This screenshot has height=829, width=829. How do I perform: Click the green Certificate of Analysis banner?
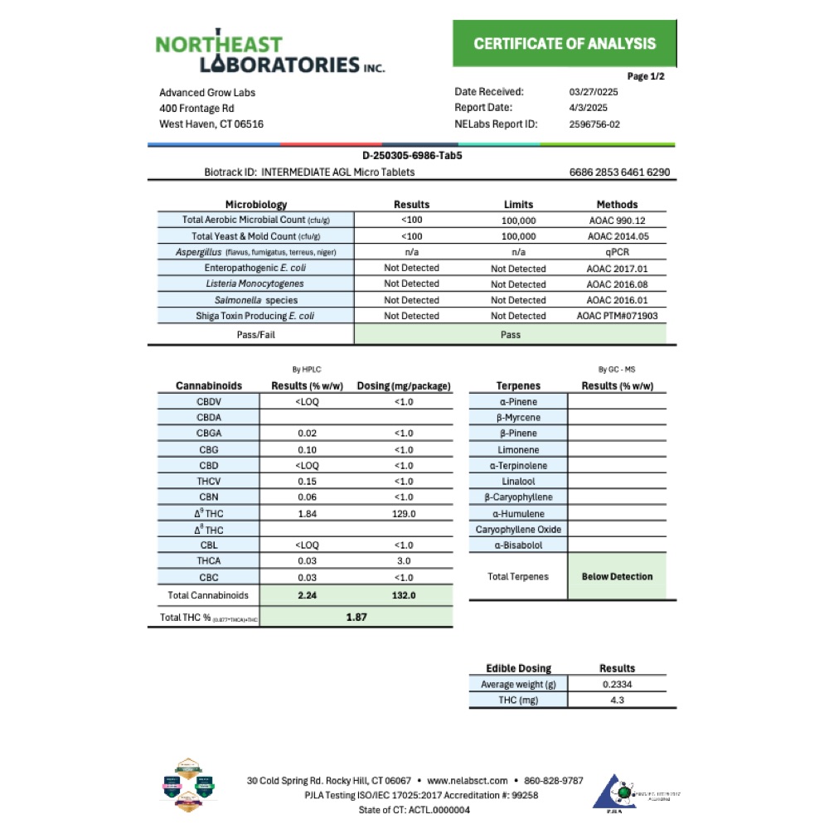pyautogui.click(x=565, y=44)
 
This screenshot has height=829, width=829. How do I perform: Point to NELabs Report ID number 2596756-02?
pyautogui.click(x=595, y=124)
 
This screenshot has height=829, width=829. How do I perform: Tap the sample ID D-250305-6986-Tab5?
pyautogui.click(x=412, y=155)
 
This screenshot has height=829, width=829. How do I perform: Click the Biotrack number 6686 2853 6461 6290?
pyautogui.click(x=619, y=172)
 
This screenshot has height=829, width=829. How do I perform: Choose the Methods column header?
pyautogui.click(x=617, y=205)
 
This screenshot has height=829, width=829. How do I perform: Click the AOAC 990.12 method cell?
pyautogui.click(x=617, y=221)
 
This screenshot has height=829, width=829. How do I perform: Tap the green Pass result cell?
pyautogui.click(x=510, y=334)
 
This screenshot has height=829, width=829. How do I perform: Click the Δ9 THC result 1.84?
pyautogui.click(x=307, y=514)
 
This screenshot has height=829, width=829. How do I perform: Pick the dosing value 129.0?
pyautogui.click(x=403, y=514)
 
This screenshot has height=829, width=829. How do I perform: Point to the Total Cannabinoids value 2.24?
pyautogui.click(x=307, y=595)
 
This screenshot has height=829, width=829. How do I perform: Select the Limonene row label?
pyautogui.click(x=518, y=449)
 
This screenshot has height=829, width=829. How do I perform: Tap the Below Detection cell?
pyautogui.click(x=617, y=577)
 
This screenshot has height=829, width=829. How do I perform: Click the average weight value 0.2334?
pyautogui.click(x=617, y=685)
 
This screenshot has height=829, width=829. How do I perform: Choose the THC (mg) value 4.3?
pyautogui.click(x=617, y=701)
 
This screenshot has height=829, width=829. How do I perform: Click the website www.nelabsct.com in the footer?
pyautogui.click(x=467, y=781)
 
